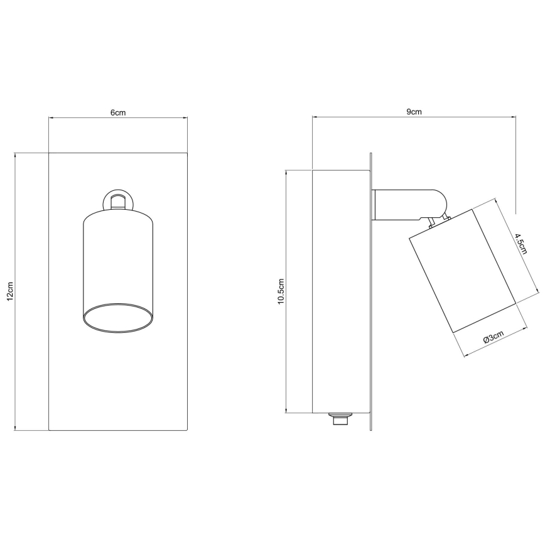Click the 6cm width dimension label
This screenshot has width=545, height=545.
pyautogui.click(x=118, y=112)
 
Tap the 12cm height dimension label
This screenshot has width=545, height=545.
pyautogui.click(x=10, y=291)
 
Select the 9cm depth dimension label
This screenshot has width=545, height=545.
pyautogui.click(x=414, y=112)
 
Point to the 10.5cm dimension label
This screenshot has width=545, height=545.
pyautogui.click(x=281, y=291)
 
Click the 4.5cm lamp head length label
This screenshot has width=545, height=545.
pyautogui.click(x=521, y=244)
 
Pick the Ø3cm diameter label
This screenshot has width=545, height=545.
pyautogui.click(x=494, y=337)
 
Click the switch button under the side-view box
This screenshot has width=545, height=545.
pyautogui.click(x=340, y=419)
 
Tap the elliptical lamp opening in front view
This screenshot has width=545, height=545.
pyautogui.click(x=118, y=318)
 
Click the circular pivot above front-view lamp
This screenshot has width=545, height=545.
pyautogui.click(x=118, y=200)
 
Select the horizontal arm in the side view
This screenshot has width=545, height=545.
pyautogui.click(x=409, y=205)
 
